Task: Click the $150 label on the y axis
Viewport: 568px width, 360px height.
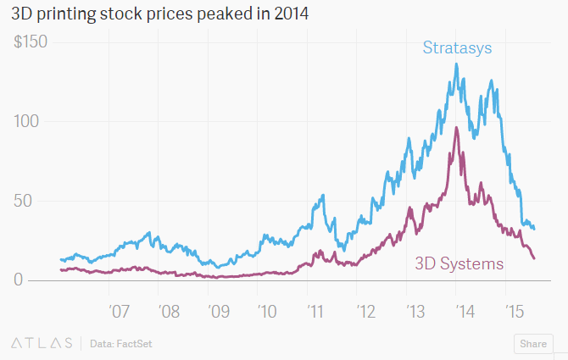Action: pyautogui.click(x=31, y=42)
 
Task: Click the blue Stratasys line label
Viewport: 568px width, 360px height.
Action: pyautogui.click(x=457, y=47)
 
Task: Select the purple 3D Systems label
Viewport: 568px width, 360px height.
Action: pyautogui.click(x=459, y=263)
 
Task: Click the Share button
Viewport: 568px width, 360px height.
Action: pyautogui.click(x=532, y=344)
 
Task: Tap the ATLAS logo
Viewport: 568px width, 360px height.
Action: pyautogui.click(x=42, y=343)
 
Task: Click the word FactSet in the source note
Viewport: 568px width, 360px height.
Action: pyautogui.click(x=134, y=344)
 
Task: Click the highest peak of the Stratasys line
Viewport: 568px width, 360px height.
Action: pyautogui.click(x=457, y=64)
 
